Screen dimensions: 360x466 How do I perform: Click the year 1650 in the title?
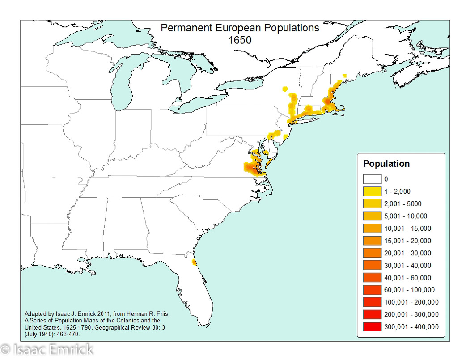[x=240, y=40]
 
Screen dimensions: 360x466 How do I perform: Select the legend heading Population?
[x=386, y=164]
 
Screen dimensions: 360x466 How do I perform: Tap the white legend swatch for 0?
[x=372, y=179]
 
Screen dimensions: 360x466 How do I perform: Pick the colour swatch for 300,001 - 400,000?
[x=372, y=327]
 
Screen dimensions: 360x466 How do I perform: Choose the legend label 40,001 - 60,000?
[x=407, y=278]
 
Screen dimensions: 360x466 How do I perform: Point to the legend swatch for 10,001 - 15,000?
[x=372, y=229]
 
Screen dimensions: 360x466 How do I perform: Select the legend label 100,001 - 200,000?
[x=411, y=302]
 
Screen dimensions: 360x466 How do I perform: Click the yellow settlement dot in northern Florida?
[x=193, y=262]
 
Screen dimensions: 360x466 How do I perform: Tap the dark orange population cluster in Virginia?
[x=253, y=169]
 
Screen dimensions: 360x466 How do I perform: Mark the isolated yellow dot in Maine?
[x=344, y=76]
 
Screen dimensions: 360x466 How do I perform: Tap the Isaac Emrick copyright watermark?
[x=47, y=349]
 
